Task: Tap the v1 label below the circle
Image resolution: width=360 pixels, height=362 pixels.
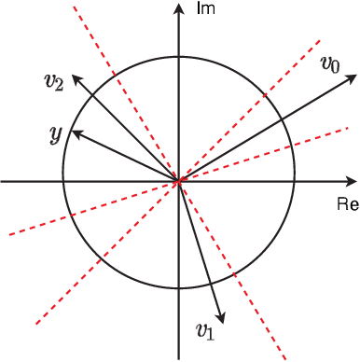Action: click(x=205, y=328)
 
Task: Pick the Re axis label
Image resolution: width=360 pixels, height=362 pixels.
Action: click(x=344, y=202)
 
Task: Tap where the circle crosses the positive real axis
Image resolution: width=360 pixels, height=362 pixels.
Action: click(x=295, y=180)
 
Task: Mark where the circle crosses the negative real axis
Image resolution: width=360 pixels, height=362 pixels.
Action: click(x=62, y=180)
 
